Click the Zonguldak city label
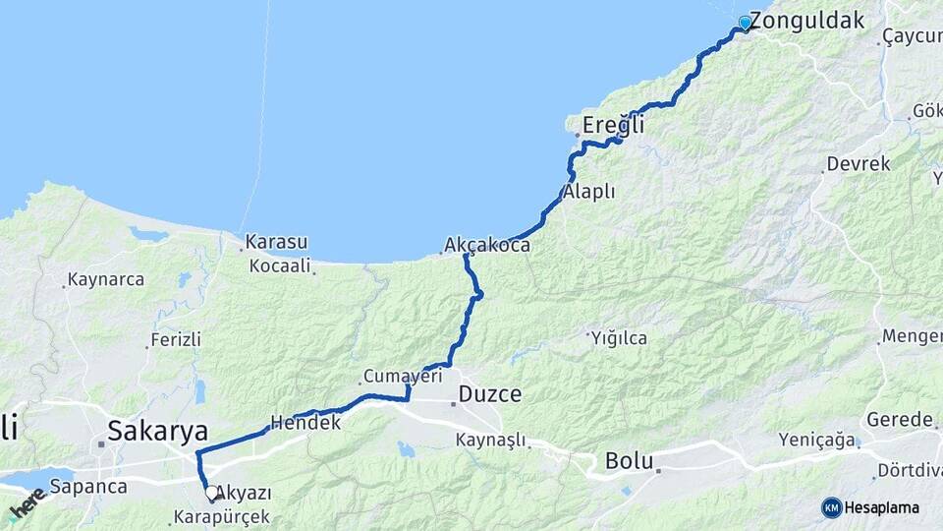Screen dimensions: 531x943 [x=806, y=20]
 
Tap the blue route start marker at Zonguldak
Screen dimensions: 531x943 [x=745, y=23]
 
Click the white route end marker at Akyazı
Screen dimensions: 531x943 [x=210, y=491]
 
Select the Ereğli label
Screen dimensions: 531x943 [x=613, y=125]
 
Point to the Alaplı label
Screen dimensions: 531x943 [x=589, y=192]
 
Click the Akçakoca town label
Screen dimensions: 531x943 [x=487, y=245]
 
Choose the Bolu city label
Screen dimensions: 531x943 [x=630, y=459]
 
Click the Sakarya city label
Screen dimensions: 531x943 [x=157, y=430]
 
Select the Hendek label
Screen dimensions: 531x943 [x=305, y=423]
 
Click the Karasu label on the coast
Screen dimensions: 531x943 [x=276, y=241]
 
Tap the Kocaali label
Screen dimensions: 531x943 [x=280, y=265]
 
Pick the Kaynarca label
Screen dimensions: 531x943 [x=106, y=279]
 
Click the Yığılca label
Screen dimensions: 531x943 [x=619, y=338]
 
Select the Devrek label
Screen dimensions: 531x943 [x=858, y=164]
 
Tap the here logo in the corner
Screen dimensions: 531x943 [x=28, y=505]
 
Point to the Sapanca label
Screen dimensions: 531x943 [x=87, y=487]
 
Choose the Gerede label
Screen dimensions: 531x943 [x=899, y=420]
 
